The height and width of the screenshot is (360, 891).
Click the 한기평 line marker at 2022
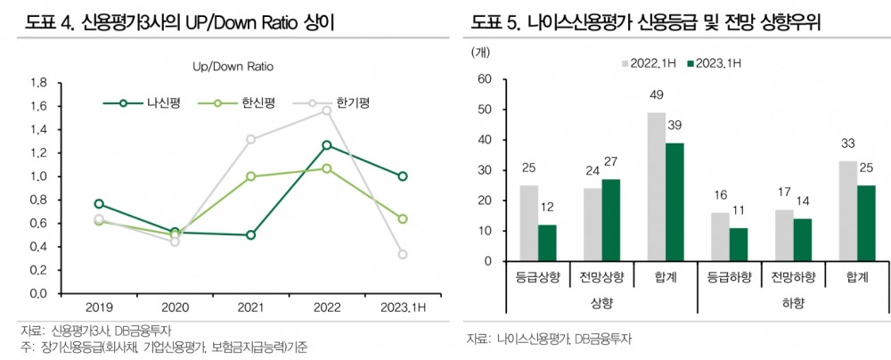[x=327, y=110]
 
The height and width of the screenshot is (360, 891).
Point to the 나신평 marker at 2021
[x=250, y=235]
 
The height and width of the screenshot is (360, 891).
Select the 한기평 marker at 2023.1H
[x=404, y=255]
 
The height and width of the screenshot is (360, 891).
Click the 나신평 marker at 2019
[x=99, y=204]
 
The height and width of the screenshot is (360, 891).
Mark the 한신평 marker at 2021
[x=250, y=176]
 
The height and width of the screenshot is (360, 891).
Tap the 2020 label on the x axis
[x=175, y=307]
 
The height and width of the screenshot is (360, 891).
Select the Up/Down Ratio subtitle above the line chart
[x=233, y=67]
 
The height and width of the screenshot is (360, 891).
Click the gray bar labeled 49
[x=656, y=187]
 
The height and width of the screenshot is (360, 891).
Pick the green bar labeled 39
[x=676, y=202]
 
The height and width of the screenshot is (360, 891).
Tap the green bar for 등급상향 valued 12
[x=547, y=243]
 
